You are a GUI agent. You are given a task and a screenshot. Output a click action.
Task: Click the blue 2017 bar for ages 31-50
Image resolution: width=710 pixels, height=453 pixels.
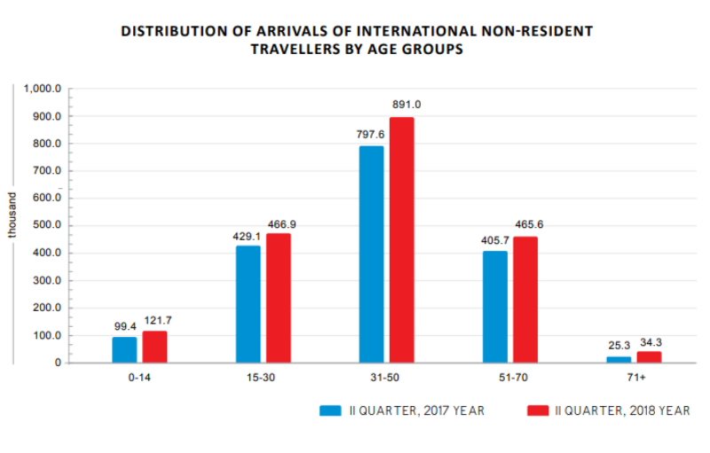(x=372, y=254)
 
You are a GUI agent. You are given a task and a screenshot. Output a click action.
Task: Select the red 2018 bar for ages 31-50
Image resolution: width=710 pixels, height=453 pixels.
(x=402, y=240)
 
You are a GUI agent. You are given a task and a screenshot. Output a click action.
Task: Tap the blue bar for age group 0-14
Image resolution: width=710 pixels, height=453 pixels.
(x=125, y=349)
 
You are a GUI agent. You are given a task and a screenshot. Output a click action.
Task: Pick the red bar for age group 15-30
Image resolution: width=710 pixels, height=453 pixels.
(x=279, y=298)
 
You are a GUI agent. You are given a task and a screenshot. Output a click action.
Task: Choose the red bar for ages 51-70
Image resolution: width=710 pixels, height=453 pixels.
(x=525, y=300)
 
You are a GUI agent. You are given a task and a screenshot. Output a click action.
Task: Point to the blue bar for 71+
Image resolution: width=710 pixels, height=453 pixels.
(x=619, y=359)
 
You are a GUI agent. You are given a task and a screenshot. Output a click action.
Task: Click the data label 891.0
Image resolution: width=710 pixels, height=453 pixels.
(x=407, y=105)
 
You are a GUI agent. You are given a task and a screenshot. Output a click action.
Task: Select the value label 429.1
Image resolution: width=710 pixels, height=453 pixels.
(x=248, y=238)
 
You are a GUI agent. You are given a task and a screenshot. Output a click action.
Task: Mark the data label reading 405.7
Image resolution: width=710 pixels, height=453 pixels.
(x=495, y=240)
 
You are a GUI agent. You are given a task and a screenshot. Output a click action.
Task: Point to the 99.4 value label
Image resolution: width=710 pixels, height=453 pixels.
(x=125, y=325)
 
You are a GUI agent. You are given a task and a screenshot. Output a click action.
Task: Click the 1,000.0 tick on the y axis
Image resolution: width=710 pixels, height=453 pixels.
(x=42, y=90)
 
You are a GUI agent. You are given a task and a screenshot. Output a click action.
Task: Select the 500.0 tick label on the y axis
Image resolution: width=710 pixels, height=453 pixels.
(x=44, y=226)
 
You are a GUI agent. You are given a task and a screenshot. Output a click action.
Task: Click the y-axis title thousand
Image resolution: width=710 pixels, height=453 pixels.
(x=13, y=214)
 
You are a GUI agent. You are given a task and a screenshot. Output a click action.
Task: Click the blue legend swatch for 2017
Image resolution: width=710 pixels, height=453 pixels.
(x=331, y=410)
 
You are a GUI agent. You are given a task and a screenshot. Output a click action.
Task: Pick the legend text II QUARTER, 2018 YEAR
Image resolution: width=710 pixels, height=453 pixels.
(x=622, y=410)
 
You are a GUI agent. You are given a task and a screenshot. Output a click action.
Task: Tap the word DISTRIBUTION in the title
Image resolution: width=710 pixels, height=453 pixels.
(x=171, y=31)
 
